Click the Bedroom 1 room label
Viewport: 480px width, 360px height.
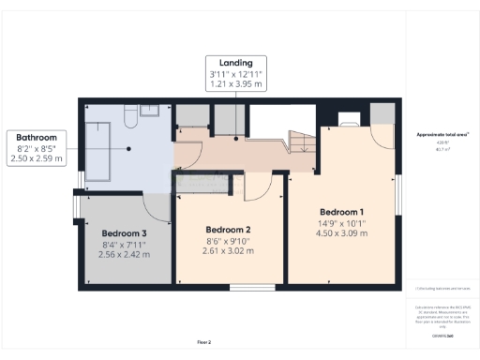coord(341,211)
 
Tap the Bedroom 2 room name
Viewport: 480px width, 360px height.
coord(228,230)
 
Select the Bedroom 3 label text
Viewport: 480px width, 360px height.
coord(125,233)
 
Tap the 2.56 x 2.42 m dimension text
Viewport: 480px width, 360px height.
coord(125,255)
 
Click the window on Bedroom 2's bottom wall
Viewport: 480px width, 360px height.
coord(251,287)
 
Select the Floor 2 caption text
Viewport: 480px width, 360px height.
coord(203,341)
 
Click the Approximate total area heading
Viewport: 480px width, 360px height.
coord(442,135)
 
